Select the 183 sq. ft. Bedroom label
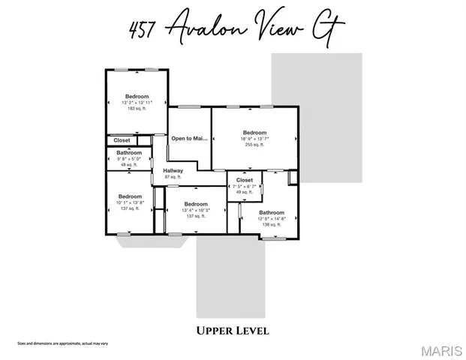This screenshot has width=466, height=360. (137, 96)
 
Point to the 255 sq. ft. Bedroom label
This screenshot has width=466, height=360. (254, 133)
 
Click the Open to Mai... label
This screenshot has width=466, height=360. (188, 138)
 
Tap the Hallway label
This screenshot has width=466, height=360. (173, 170)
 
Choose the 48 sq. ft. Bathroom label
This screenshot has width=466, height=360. (129, 153)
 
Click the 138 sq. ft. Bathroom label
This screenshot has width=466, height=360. (272, 212)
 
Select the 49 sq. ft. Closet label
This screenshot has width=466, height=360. (245, 180)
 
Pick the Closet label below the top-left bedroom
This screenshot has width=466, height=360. (122, 140)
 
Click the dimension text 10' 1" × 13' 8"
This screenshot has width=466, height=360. (129, 202)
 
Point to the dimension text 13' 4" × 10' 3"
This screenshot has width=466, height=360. (196, 210)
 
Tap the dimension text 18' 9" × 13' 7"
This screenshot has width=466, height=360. (254, 139)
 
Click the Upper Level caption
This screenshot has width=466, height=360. (233, 330)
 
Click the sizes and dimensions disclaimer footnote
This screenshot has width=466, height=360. (63, 343)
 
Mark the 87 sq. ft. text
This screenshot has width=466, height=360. (173, 177)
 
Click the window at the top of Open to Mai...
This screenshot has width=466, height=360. (188, 107)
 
